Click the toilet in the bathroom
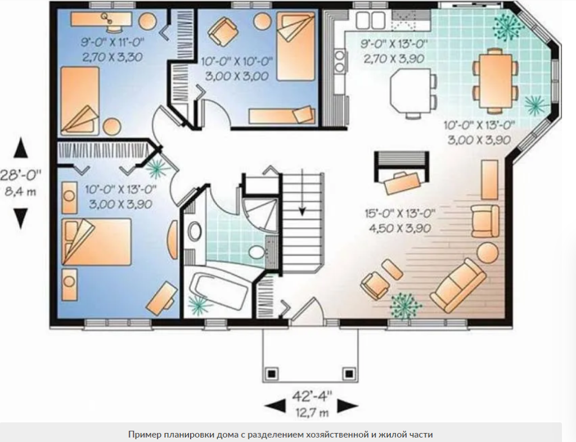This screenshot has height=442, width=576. coord(256,252)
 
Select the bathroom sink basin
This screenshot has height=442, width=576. coord(194,232)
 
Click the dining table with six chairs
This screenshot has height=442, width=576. coord(496,80)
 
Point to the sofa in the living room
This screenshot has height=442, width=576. coord(458,285)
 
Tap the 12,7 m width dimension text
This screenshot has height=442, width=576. coord(312,413)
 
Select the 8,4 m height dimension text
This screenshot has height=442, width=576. coord(20,191)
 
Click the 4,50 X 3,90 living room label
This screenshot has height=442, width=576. coord(400,228)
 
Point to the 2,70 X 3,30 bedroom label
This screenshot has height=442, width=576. coord(112,57)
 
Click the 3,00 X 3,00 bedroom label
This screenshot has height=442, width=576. coord(237,76)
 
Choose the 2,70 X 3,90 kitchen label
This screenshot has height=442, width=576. coord(394,58)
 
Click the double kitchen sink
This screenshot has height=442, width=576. coord(370,20)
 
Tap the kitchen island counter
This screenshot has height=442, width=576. coord(410,91)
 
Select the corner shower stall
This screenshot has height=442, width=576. coord(260,215)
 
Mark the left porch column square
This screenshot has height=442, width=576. coord(271,374)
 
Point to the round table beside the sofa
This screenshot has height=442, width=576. coord(488,252)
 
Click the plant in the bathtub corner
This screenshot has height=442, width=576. coord(199,304)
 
